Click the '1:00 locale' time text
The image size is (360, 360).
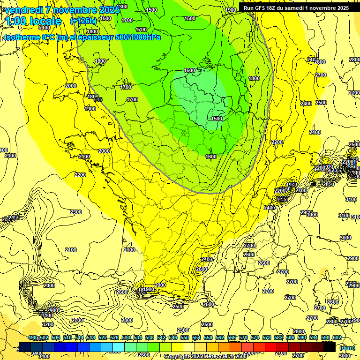point(33,21)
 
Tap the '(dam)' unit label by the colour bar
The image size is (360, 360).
point(347,348)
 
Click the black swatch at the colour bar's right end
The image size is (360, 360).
point(330,346)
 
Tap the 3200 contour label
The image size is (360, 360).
point(47,324)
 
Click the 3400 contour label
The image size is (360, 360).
point(44,356)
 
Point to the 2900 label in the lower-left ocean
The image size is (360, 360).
point(52,310)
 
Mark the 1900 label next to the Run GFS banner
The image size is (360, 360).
point(231,10)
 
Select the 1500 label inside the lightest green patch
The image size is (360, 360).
point(217,119)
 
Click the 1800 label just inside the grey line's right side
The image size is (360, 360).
point(254,78)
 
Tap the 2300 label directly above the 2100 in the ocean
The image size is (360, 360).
point(76,212)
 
